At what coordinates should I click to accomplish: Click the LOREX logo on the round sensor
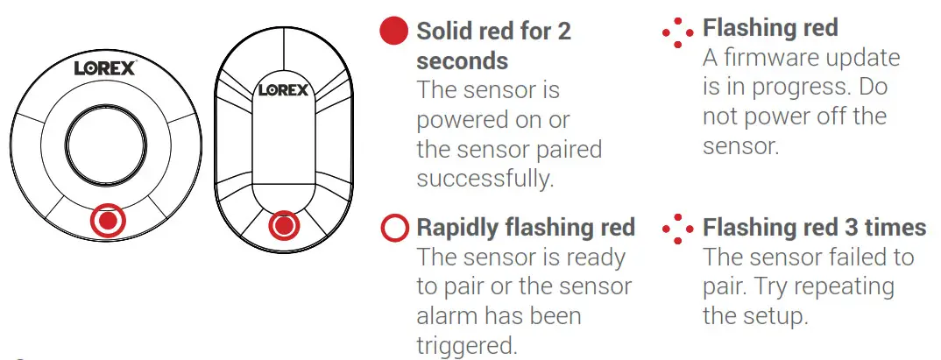(104, 67)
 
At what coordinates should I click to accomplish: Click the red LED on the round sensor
(108, 221)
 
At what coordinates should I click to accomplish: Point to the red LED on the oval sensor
(282, 226)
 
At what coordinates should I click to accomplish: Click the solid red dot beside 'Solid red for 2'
(394, 32)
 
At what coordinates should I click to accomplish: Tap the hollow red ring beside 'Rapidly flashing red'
(395, 229)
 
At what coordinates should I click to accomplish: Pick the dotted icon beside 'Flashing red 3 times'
(677, 229)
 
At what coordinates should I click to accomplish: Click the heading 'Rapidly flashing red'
(526, 229)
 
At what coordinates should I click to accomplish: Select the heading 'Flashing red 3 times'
(814, 229)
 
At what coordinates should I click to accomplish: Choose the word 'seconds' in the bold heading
(462, 60)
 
